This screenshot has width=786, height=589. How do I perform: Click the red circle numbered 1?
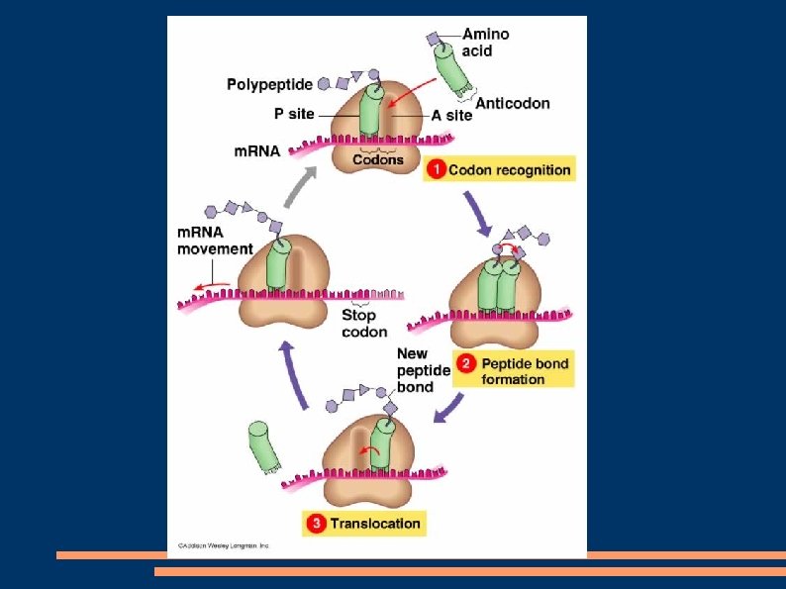pos(436,170)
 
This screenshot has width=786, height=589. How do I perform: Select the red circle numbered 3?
pos(316,523)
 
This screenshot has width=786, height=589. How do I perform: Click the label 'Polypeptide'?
pos(269,85)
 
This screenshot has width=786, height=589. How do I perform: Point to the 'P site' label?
pos(294,115)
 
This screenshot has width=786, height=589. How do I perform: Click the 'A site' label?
pos(451,116)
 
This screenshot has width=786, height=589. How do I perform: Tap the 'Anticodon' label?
pos(512,103)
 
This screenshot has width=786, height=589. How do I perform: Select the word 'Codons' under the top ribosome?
pos(379,159)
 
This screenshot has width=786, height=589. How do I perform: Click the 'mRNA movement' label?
pos(215,241)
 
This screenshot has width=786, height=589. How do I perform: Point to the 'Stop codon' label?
pos(362,324)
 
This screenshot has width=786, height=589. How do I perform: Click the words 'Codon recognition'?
pos(509,170)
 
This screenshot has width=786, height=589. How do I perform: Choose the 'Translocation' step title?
pos(375,523)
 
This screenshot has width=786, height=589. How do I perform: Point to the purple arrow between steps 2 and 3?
pos(451,407)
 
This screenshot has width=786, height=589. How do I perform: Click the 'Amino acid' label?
pos(486,42)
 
